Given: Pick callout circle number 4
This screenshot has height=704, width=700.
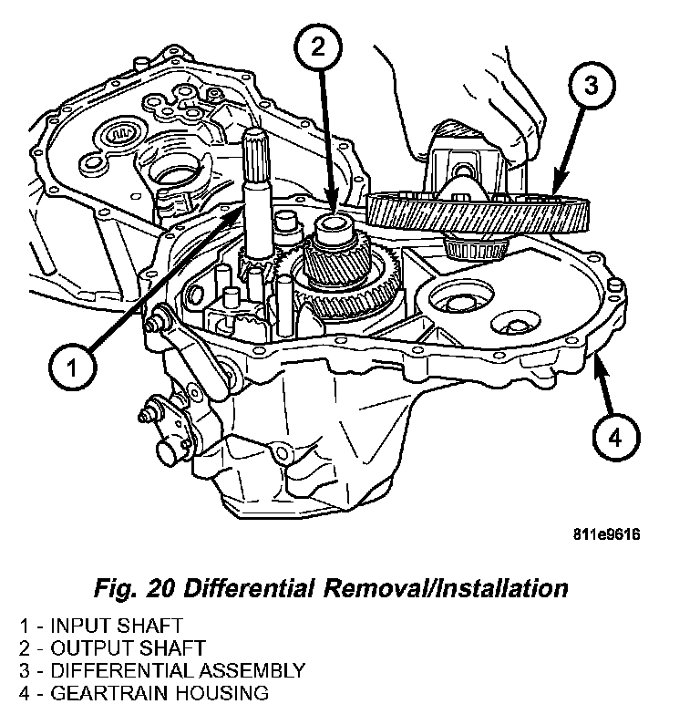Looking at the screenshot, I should click(615, 437).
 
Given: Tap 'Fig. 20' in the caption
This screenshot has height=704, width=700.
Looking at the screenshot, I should click(137, 587).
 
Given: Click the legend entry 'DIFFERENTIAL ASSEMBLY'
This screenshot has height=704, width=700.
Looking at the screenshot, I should click(177, 670).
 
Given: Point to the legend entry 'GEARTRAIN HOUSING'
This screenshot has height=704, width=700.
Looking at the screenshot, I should click(160, 692).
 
